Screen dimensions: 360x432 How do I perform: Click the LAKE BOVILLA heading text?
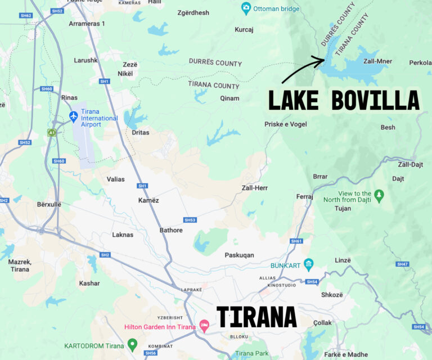pyautogui.click(x=343, y=101)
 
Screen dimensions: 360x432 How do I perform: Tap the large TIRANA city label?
pyautogui.click(x=256, y=317)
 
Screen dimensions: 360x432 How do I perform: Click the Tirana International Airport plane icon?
pyautogui.click(x=74, y=116)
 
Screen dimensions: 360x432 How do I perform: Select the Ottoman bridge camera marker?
pyautogui.click(x=246, y=8)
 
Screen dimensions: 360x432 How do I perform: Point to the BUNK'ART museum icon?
pyautogui.click(x=308, y=264)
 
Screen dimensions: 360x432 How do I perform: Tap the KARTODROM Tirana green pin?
pyautogui.click(x=132, y=344)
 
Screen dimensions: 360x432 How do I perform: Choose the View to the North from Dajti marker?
pyautogui.click(x=380, y=195)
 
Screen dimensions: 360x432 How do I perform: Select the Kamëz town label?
pyautogui.click(x=148, y=200)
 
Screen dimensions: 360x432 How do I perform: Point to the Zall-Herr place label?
pyautogui.click(x=254, y=188)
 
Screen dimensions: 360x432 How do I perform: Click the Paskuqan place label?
pyautogui.click(x=240, y=255)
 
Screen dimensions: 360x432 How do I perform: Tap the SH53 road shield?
pyautogui.click(x=190, y=219)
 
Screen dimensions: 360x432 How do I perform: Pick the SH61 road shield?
pyautogui.click(x=296, y=241)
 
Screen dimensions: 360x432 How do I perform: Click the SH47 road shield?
pyautogui.click(x=402, y=264)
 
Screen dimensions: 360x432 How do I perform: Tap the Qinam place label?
pyautogui.click(x=229, y=98)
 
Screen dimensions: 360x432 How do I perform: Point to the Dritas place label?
pyautogui.click(x=141, y=133)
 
